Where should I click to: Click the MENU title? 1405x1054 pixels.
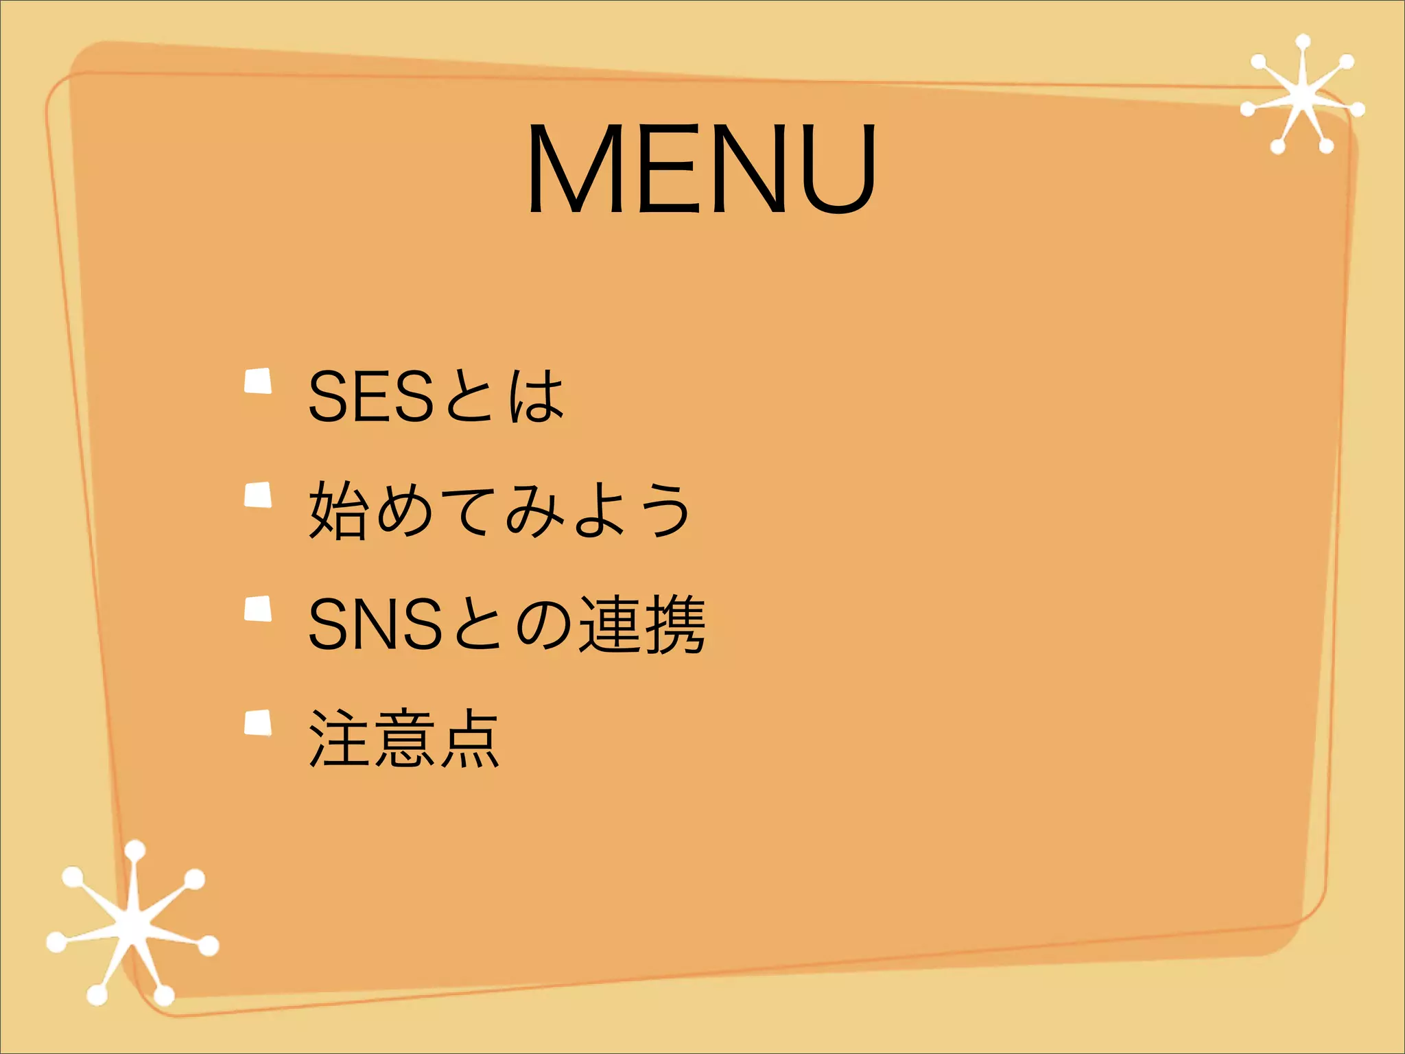(701, 168)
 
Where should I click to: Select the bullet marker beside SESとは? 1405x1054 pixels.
(259, 382)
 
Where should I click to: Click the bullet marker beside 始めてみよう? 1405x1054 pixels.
(259, 495)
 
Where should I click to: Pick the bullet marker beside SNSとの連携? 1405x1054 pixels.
(259, 609)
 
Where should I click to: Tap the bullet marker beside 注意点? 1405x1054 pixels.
(259, 723)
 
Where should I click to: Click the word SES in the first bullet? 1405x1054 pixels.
(370, 396)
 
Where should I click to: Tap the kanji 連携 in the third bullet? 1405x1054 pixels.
(642, 624)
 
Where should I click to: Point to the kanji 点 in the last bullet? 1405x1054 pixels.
(469, 738)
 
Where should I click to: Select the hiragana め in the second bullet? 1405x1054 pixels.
(404, 510)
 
